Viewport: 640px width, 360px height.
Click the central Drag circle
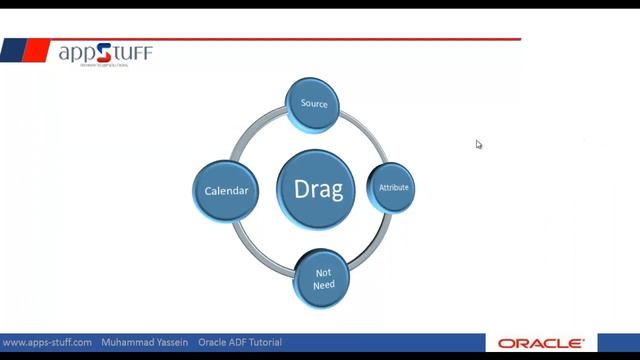coord(318,188)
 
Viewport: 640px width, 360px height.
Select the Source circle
coord(314,104)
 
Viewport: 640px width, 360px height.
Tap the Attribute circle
coord(393,188)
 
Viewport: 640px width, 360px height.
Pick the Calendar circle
coord(226,190)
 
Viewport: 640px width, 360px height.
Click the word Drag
coord(318,188)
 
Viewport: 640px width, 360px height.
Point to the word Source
coord(314,104)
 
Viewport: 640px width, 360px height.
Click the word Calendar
coord(226,190)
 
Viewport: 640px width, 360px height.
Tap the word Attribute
coord(393,188)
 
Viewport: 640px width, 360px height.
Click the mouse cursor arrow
coord(478,143)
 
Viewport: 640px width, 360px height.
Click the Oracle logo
coord(541,343)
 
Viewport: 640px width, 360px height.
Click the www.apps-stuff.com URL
coord(48,342)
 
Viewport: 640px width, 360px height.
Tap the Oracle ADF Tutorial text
coord(239,342)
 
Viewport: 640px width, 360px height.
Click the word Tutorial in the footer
coord(261,342)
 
